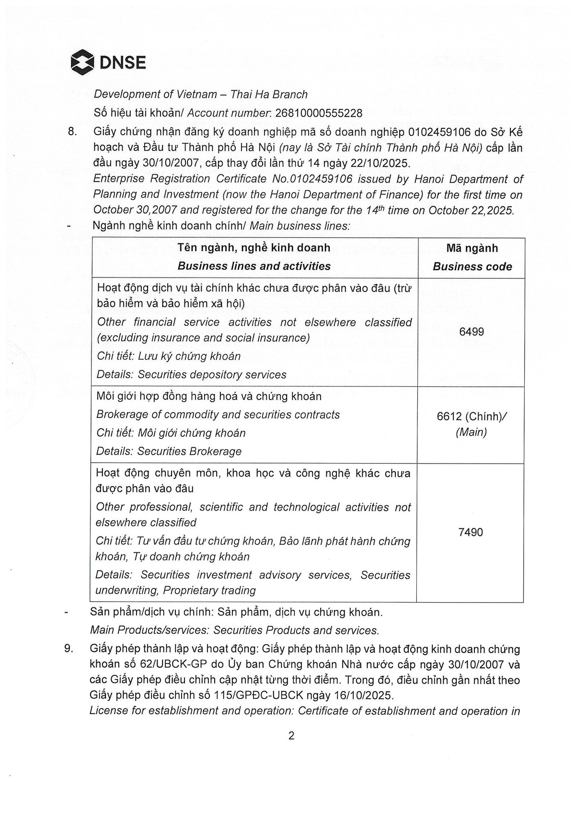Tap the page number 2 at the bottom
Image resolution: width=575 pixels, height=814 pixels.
[x=291, y=735]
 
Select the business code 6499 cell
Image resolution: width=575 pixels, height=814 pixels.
[x=471, y=332]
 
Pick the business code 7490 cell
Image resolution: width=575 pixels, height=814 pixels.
[x=471, y=532]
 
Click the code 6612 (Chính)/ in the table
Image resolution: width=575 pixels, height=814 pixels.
[x=471, y=416]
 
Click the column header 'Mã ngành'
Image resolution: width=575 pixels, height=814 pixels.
[x=472, y=248]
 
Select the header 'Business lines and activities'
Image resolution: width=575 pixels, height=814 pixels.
[x=254, y=266]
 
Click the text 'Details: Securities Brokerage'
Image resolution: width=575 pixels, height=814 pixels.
[x=169, y=451]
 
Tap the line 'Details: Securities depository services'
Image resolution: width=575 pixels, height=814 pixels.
[x=191, y=374]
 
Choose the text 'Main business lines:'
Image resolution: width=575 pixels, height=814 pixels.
[x=300, y=226]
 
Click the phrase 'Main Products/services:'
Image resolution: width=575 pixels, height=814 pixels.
[x=150, y=630]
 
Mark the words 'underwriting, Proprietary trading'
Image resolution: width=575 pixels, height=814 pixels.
[x=175, y=590]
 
